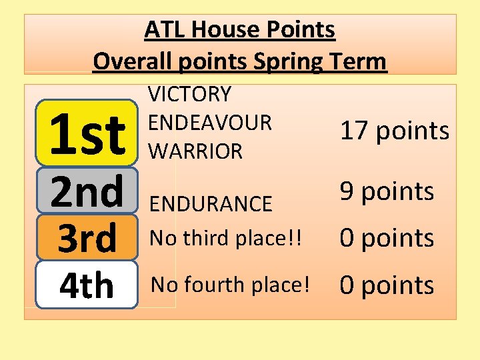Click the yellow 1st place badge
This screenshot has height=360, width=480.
[x=87, y=133]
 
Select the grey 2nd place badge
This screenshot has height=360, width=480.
[x=87, y=191]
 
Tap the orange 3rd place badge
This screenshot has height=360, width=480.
[x=87, y=238]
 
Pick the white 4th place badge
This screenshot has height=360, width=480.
[x=87, y=285]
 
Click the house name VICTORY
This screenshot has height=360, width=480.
[x=189, y=94]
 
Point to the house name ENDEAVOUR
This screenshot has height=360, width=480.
[x=210, y=123]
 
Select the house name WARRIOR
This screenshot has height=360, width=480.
[x=195, y=151]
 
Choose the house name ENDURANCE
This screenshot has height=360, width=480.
[x=211, y=203]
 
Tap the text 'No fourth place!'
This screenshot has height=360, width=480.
[x=231, y=285]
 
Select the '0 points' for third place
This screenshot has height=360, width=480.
[x=387, y=238]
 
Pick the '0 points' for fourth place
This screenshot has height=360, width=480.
[x=387, y=285]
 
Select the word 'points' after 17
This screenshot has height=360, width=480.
[x=413, y=131]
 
